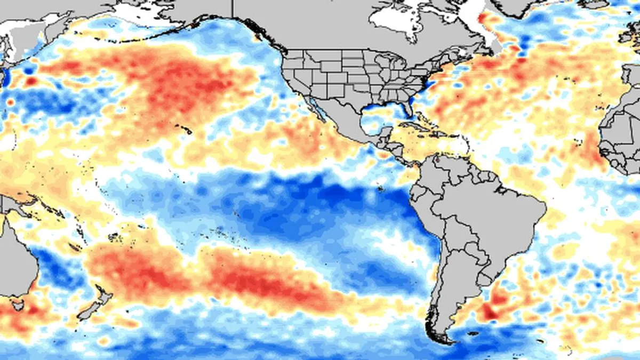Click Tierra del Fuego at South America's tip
tap(442, 337)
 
